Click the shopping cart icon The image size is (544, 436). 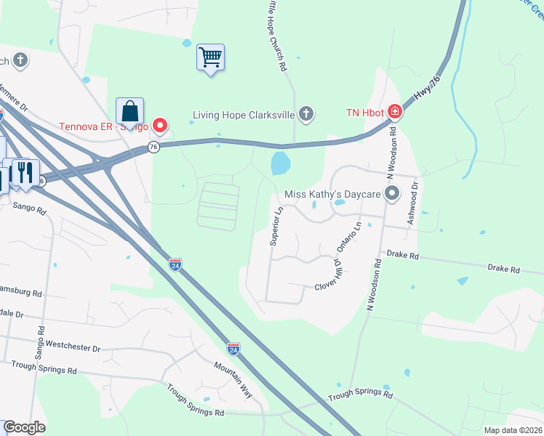pos(210,56)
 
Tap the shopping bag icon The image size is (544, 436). pos(129,111)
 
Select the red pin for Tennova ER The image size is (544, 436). pos(159,125)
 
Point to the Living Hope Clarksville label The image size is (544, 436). pos(244,114)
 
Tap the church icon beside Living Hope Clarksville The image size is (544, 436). pos(307,113)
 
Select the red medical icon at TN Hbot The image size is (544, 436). pos(394,112)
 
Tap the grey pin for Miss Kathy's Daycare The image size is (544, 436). pos(392,193)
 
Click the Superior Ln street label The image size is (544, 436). pos(276,226)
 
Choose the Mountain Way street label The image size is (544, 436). pos(233,380)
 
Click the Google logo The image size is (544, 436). pos(24,427)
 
